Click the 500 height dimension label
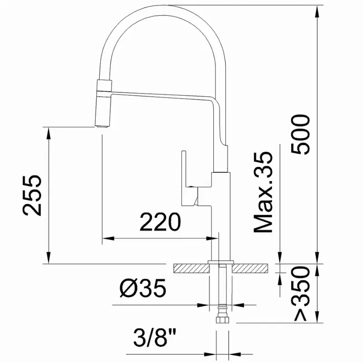pyautogui.click(x=300, y=134)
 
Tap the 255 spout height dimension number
pyautogui.click(x=32, y=196)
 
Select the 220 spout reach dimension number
pyautogui.click(x=160, y=222)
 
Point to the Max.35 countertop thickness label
pyautogui.click(x=263, y=192)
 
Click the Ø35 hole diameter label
pyautogui.click(x=143, y=288)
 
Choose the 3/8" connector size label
pyautogui.click(x=155, y=338)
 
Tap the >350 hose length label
pyautogui.click(x=302, y=294)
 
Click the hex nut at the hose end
pyautogui.click(x=222, y=320)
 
